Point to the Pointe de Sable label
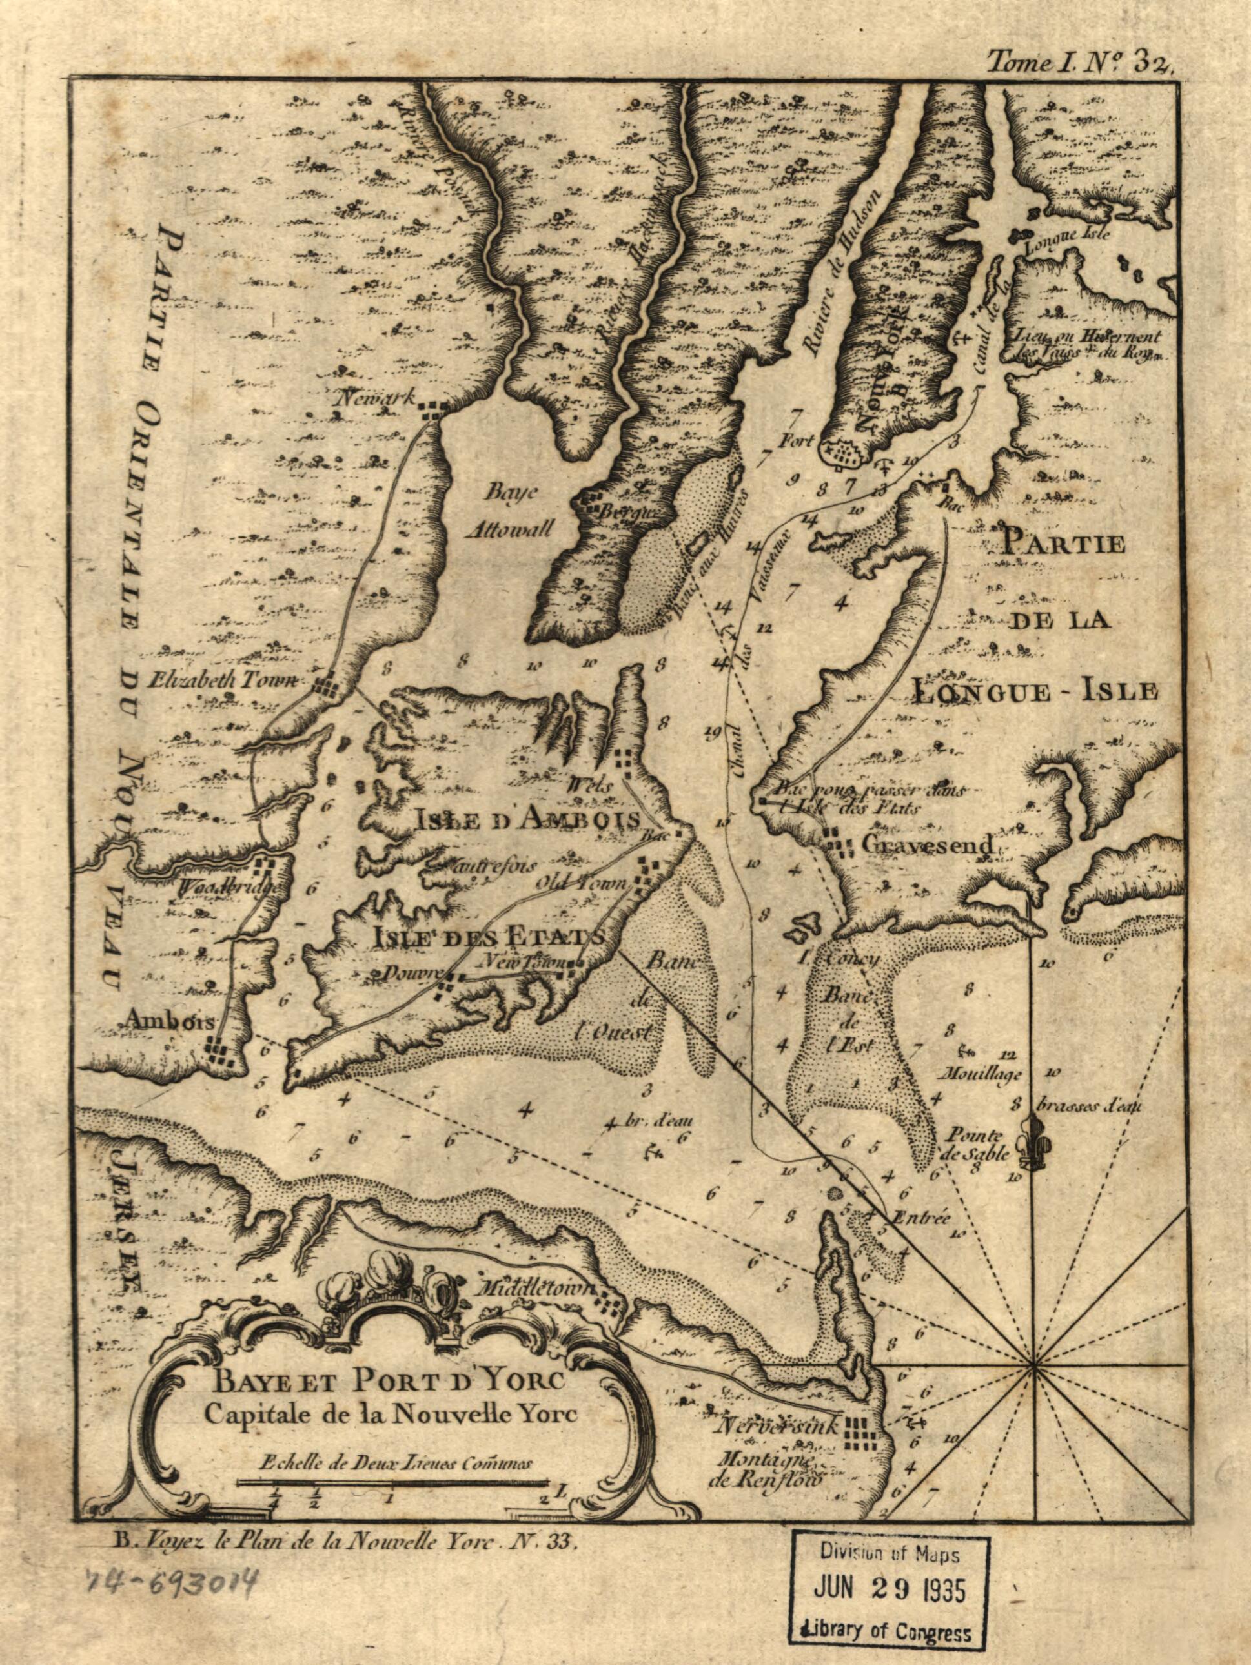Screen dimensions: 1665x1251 (975, 1147)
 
